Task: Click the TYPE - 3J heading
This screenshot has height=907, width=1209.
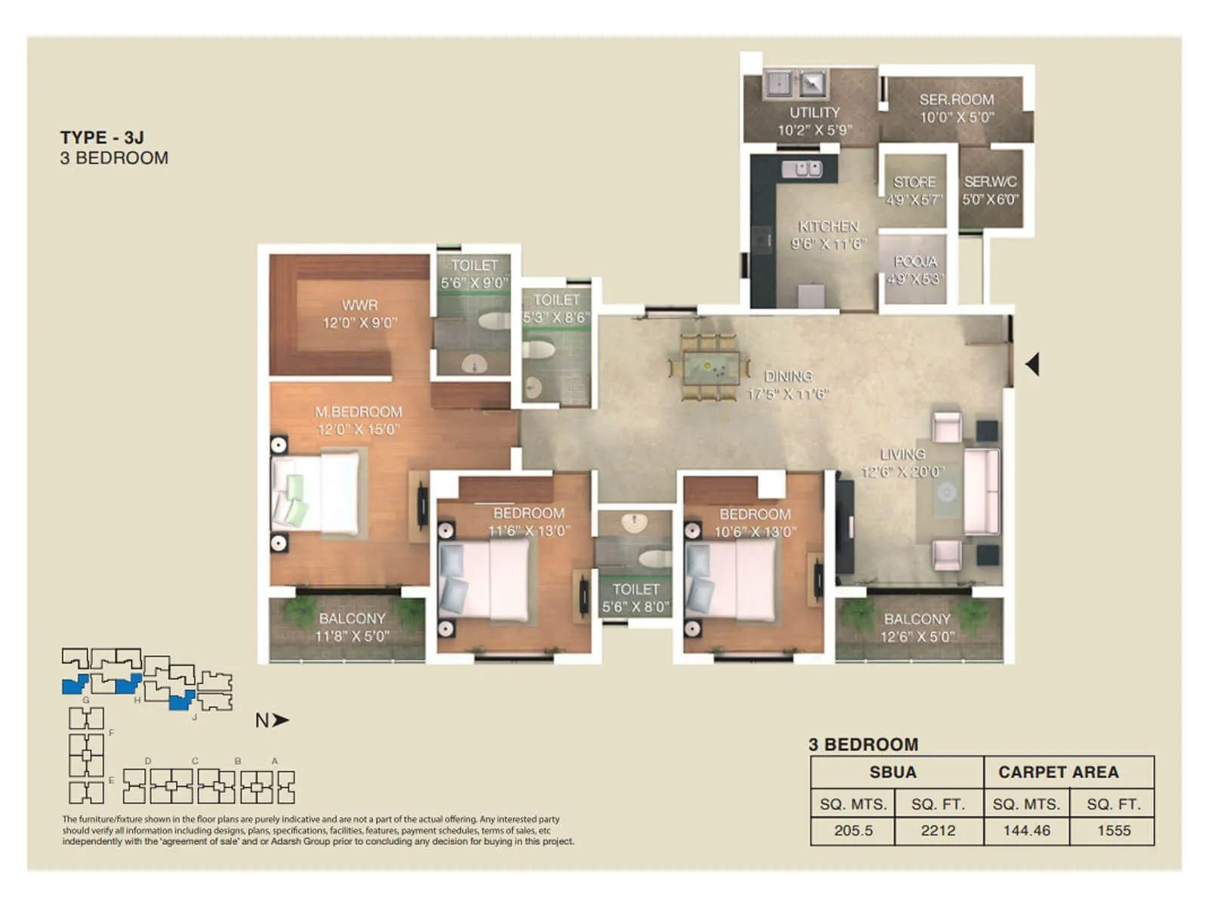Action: pos(102,138)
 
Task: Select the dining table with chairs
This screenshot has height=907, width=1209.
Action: pos(710,367)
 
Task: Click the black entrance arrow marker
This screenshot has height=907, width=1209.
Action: pos(1032,364)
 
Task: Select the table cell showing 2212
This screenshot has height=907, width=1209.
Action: pos(938,830)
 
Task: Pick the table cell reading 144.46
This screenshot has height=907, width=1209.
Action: pos(1026,830)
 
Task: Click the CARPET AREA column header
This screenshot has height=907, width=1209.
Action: pos(1058,772)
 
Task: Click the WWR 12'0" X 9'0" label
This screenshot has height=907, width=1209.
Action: pos(359,314)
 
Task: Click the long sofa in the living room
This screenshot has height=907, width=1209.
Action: pos(982,493)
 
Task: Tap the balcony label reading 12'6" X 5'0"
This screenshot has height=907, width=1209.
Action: pos(917,628)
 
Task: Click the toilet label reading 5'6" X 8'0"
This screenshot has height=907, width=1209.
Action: pos(635,597)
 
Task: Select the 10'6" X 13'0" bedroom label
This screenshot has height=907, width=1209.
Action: pos(755,523)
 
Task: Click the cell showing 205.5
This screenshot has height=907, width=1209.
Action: pos(853,830)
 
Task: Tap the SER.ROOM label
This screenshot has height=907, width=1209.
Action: pos(957,108)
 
